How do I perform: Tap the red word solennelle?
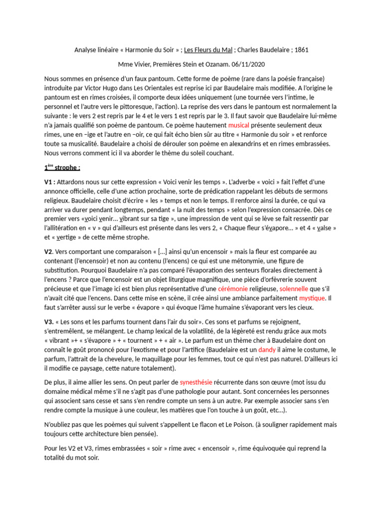pyautogui.click(x=294, y=288)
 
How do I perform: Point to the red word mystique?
pyautogui.click(x=312, y=298)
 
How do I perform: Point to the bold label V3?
pyautogui.click(x=49, y=321)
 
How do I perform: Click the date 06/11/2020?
pyautogui.click(x=245, y=64)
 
